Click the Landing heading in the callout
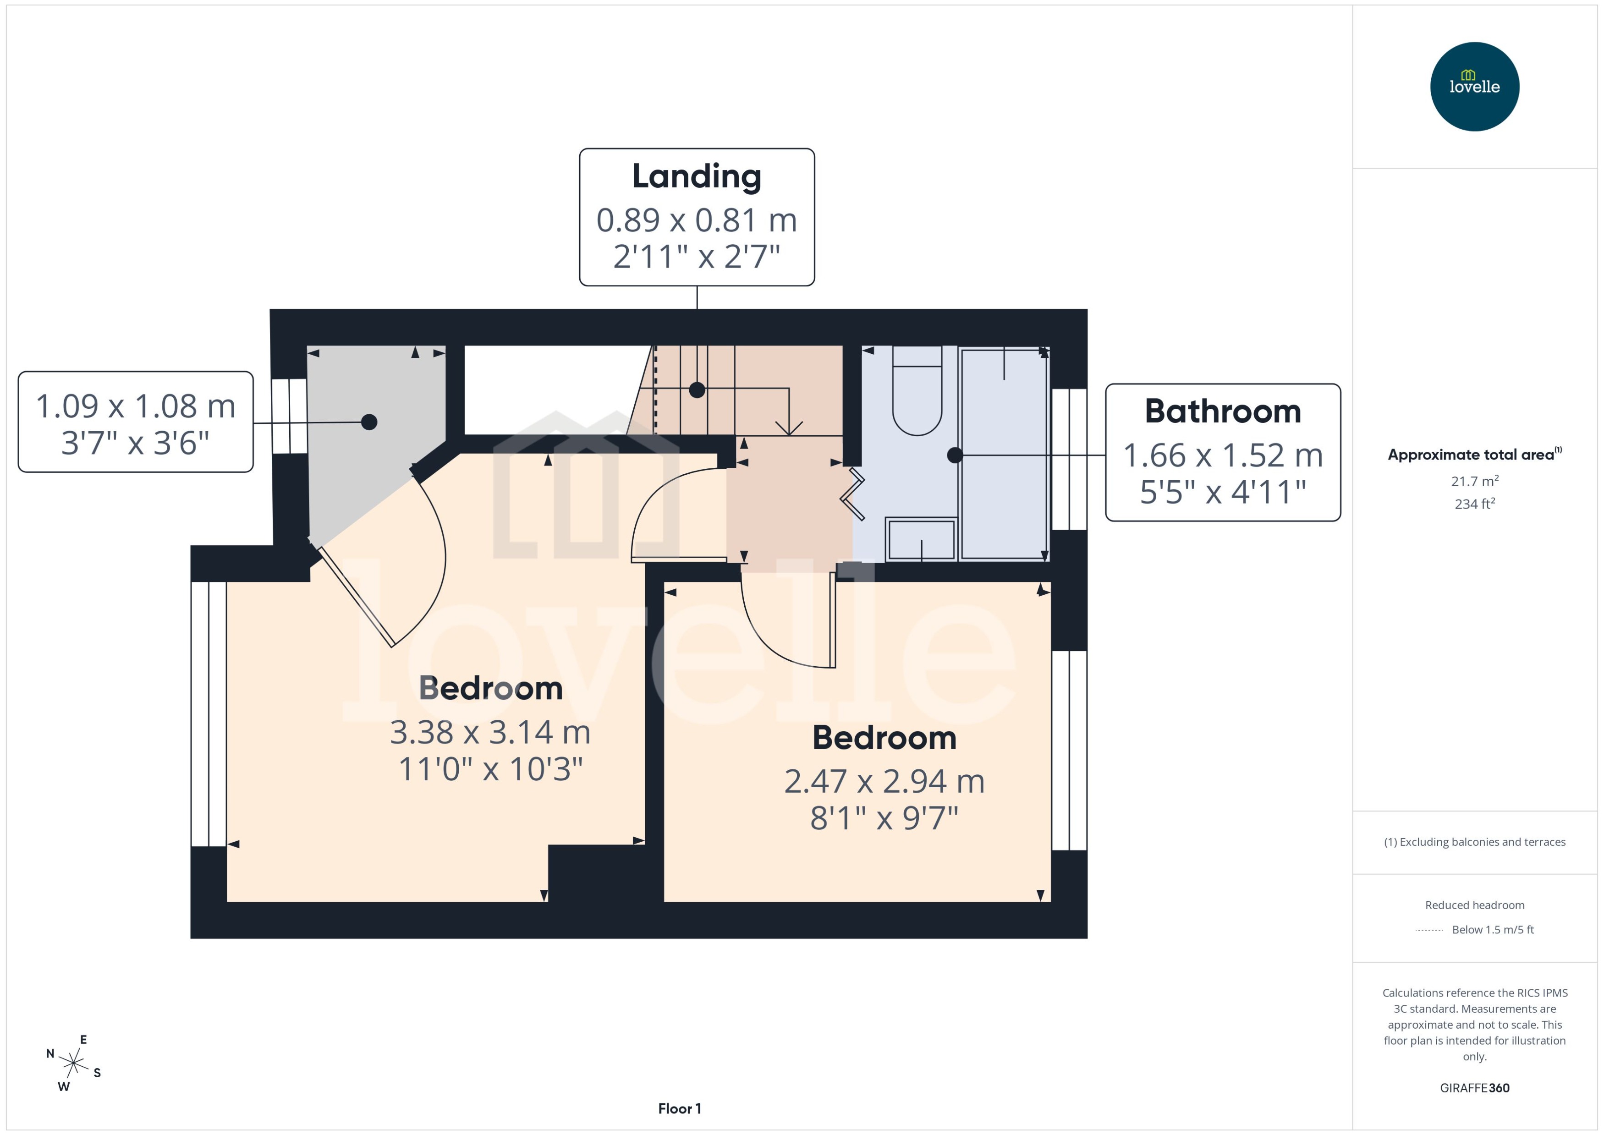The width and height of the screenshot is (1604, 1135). (696, 176)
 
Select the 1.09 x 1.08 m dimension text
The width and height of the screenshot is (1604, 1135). (136, 406)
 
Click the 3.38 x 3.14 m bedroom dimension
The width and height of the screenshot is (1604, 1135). (490, 732)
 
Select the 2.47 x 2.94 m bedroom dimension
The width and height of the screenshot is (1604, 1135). (884, 781)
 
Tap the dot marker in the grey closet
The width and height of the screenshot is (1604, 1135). (369, 422)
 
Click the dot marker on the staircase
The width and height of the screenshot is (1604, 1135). (697, 390)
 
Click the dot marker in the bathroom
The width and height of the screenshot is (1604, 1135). (955, 455)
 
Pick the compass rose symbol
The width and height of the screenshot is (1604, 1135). (73, 1064)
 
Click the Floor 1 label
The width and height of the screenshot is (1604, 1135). (679, 1108)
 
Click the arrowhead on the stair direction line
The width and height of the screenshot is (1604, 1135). (789, 429)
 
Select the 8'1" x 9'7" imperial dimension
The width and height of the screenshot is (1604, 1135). (884, 818)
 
